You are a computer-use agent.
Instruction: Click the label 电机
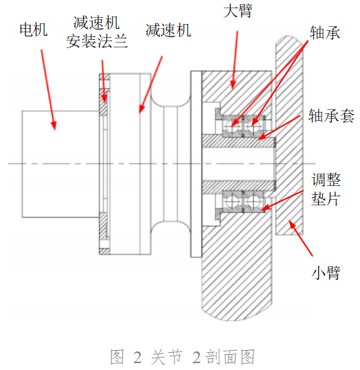pos(34,30)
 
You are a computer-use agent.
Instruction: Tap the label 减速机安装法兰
pos(97,32)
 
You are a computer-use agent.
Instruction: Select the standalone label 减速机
pos(168,30)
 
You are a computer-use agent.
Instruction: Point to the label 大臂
pos(238,10)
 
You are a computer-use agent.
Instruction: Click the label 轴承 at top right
pos(325,32)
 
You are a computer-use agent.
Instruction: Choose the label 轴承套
pos(331,115)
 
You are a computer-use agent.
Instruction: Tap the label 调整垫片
pos(326,189)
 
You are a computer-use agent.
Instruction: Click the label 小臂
pos(326,273)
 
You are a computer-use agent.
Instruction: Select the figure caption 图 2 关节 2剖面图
pos(182,356)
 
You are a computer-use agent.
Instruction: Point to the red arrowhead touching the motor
pos(54,126)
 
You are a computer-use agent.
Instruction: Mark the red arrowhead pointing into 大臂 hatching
pos(233,84)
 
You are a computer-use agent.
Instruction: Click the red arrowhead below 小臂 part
pos(292,224)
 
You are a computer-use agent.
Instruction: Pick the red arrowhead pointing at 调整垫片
pos(265,207)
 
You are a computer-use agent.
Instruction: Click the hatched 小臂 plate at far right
pos(289,135)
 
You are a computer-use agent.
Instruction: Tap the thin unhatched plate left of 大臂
pos(196,164)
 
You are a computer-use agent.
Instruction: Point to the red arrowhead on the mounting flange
pos(104,98)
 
